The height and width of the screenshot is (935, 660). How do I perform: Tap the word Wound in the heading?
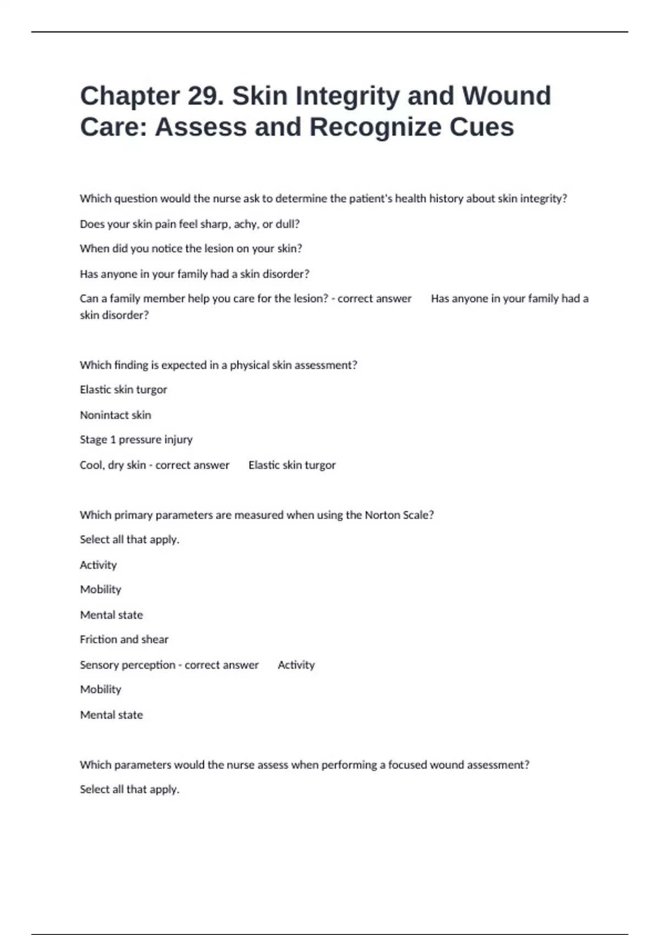[506, 96]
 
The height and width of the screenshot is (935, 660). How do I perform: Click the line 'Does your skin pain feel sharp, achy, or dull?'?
[190, 224]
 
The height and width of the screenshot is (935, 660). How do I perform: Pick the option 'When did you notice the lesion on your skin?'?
[191, 249]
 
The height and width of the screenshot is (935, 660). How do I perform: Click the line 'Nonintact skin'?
[116, 415]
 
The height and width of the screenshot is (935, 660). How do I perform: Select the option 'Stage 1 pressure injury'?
[136, 439]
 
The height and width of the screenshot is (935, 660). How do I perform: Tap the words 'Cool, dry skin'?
[113, 465]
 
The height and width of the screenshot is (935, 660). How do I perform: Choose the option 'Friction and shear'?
[124, 640]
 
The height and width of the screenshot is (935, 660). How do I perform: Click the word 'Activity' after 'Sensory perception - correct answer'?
[296, 665]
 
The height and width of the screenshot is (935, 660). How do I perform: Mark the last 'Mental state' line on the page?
[112, 715]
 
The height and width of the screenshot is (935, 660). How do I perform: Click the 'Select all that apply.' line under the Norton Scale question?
[130, 540]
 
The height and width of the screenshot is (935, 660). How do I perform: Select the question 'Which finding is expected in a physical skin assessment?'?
[218, 365]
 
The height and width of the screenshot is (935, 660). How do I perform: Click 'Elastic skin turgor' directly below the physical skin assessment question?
[123, 389]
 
